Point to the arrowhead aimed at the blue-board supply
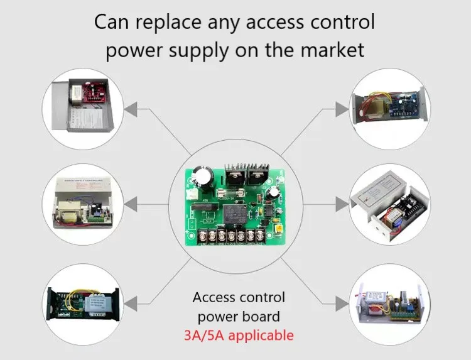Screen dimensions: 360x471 [x=341, y=109]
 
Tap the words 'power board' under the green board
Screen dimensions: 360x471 [x=239, y=316]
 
